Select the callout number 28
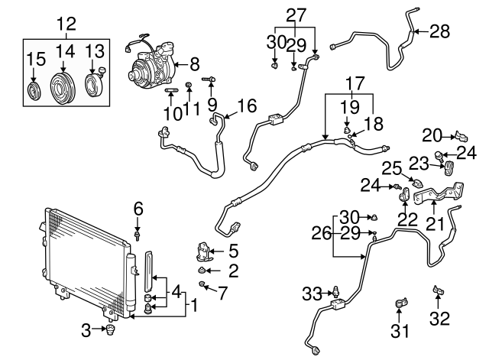point(440,31)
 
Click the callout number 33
point(310,293)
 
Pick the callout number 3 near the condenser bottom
point(86,329)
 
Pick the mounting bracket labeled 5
point(203,250)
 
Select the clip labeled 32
point(440,290)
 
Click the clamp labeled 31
point(400,306)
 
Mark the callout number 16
point(245,105)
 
